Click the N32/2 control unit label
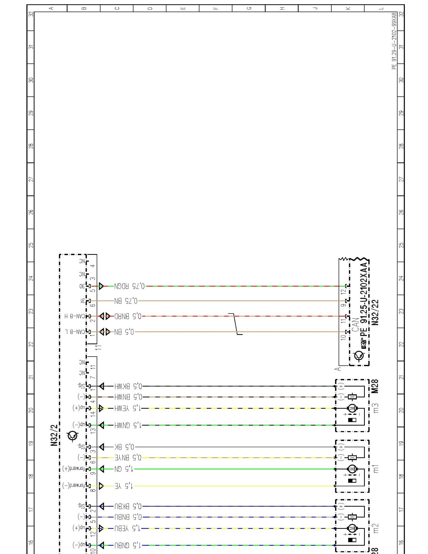tap(54, 435)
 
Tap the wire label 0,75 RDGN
tap(129, 286)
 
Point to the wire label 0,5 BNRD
tap(128, 316)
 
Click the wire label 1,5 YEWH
tap(128, 408)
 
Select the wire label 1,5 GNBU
tap(128, 545)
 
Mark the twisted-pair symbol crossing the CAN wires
tap(235, 324)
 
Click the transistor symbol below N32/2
tap(73, 436)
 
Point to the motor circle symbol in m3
tap(352, 408)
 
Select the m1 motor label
tap(376, 469)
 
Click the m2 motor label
tap(376, 528)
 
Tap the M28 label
tap(375, 386)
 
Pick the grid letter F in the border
tap(216, 8)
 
